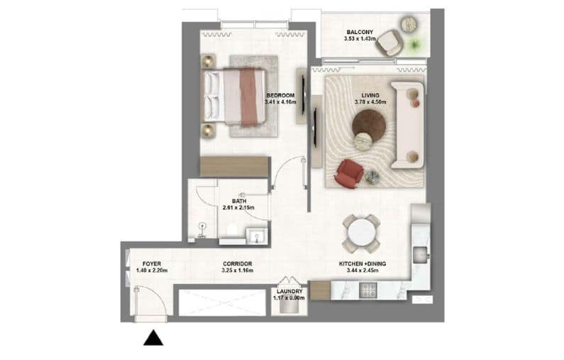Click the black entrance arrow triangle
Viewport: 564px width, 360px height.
(x=153, y=339)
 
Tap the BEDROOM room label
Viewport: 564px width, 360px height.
(x=280, y=95)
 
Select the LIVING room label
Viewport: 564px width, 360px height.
(x=370, y=94)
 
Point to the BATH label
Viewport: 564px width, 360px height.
(x=238, y=200)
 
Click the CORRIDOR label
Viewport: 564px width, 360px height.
(x=237, y=264)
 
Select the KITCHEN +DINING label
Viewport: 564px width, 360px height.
(x=361, y=264)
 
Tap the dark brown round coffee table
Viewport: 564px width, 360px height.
(x=369, y=125)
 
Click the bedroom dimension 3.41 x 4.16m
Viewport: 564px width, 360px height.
(x=280, y=102)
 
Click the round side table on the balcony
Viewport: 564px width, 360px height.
(x=409, y=25)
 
